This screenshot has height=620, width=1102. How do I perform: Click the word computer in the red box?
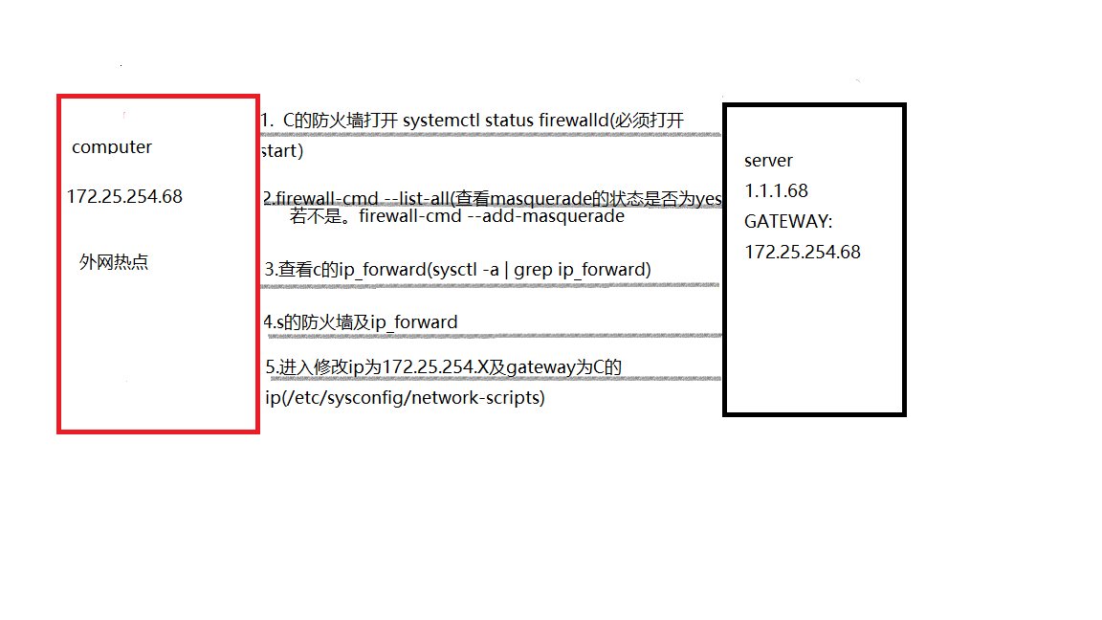(112, 147)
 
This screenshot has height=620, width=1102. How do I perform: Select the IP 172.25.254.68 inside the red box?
(124, 196)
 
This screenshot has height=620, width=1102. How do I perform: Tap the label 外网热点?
(114, 262)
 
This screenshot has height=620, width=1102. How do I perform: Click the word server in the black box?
(768, 160)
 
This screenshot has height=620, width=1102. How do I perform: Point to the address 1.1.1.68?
(776, 190)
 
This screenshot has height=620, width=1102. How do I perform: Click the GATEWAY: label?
(788, 221)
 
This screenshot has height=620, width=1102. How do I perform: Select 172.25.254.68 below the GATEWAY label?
(803, 252)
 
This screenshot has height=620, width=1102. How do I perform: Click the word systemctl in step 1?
(442, 121)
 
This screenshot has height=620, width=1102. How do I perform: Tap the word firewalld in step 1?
(556, 121)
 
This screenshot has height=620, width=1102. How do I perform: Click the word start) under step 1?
(282, 151)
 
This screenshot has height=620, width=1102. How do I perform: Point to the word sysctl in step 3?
(454, 270)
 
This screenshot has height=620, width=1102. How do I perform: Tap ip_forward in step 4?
(414, 322)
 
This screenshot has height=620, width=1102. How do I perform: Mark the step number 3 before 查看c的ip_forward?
(270, 270)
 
